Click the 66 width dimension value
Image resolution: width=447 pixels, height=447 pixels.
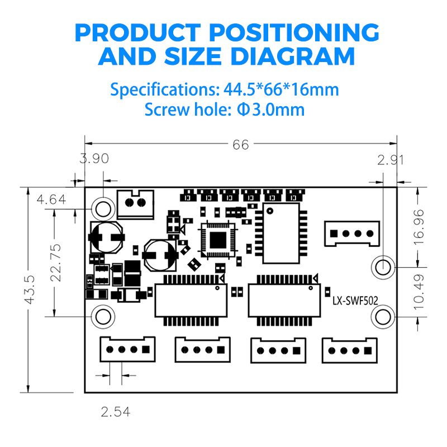tap(240, 145)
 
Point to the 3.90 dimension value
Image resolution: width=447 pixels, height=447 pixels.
tap(94, 159)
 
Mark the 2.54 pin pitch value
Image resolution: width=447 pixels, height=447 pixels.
tap(116, 412)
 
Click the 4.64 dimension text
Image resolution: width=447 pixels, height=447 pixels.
tap(51, 199)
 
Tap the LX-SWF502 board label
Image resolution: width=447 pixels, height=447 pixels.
tap(355, 301)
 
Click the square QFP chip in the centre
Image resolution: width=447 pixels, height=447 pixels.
tap(218, 239)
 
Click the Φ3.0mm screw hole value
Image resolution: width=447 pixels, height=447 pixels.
tap(271, 109)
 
